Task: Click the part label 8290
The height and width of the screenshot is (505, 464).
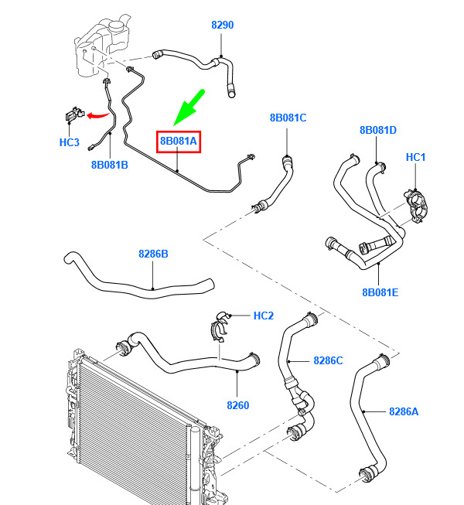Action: pyautogui.click(x=223, y=26)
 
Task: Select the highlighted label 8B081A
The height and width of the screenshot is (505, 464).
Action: pyautogui.click(x=179, y=142)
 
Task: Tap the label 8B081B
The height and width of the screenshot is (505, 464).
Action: pyautogui.click(x=110, y=165)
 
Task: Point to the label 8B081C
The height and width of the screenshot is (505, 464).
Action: pyautogui.click(x=288, y=118)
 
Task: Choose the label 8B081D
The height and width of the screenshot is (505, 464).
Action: pyautogui.click(x=378, y=131)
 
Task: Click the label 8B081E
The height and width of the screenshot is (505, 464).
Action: pyautogui.click(x=380, y=292)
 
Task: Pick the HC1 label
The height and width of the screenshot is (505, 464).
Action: pyautogui.click(x=416, y=158)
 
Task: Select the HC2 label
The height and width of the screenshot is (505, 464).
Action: pyautogui.click(x=264, y=316)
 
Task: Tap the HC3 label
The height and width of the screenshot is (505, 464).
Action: pyautogui.click(x=70, y=142)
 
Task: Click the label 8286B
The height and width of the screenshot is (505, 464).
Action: pyautogui.click(x=153, y=254)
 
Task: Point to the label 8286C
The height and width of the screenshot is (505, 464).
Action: pyautogui.click(x=328, y=360)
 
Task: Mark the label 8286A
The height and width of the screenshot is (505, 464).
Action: pyautogui.click(x=403, y=412)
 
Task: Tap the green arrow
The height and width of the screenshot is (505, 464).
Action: pyautogui.click(x=188, y=107)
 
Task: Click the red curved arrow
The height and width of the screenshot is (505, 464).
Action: pyautogui.click(x=97, y=115)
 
